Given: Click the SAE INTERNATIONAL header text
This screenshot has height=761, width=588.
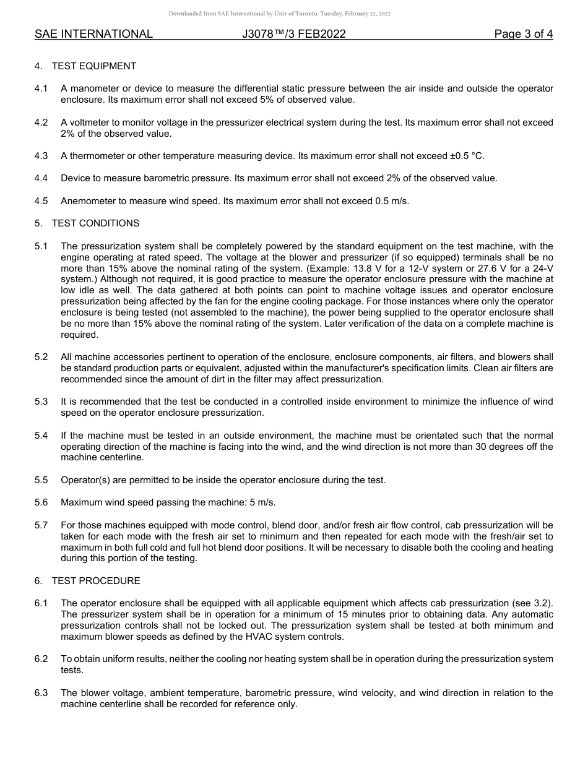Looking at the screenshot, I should pos(93,34).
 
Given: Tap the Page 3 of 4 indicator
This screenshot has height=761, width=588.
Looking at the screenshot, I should pos(523,34).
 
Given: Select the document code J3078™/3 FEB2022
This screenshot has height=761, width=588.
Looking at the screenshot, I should pos(294,34).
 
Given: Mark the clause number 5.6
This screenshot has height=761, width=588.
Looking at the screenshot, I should pos(41,502).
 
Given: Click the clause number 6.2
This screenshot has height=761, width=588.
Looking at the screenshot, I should pos(41,659).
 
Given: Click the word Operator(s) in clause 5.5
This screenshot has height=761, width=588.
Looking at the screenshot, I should pos(85,480).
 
